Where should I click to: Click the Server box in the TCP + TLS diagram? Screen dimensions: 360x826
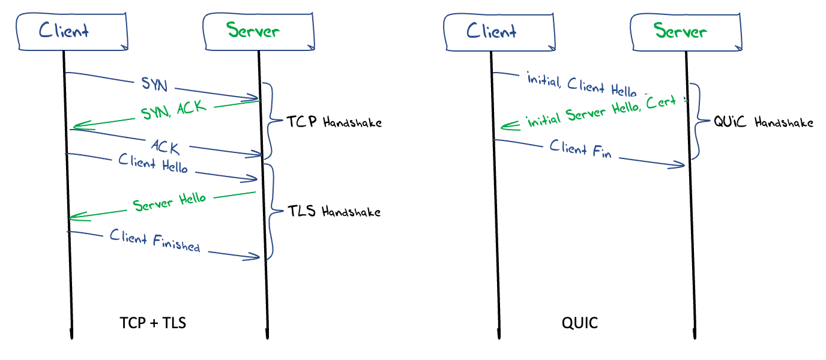259,31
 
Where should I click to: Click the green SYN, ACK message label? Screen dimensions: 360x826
173,110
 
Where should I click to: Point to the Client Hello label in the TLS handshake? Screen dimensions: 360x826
153,163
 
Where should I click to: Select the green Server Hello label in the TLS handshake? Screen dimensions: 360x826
169,202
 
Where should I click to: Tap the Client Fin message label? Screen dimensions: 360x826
580,148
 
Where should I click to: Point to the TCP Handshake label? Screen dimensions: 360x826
333,122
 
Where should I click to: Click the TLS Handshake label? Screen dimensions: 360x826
333,211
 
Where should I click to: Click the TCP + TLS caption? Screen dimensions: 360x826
153,323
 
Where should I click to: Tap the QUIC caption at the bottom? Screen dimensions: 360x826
580,323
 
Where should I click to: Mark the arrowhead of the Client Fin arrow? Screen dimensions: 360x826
682,165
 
